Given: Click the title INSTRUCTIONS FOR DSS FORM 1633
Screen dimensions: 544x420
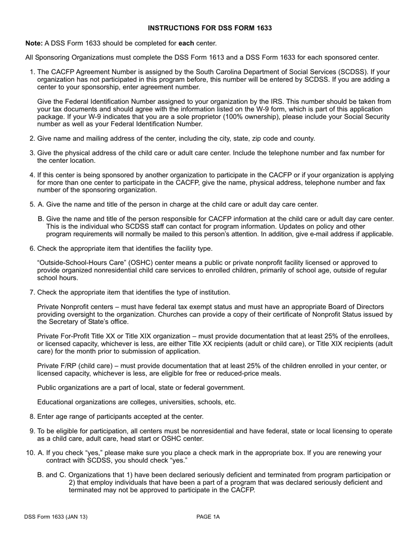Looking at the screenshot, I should point(210,28).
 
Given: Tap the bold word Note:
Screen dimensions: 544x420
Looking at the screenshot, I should point(34,43).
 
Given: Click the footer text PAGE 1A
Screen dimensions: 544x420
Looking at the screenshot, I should point(208,517).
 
